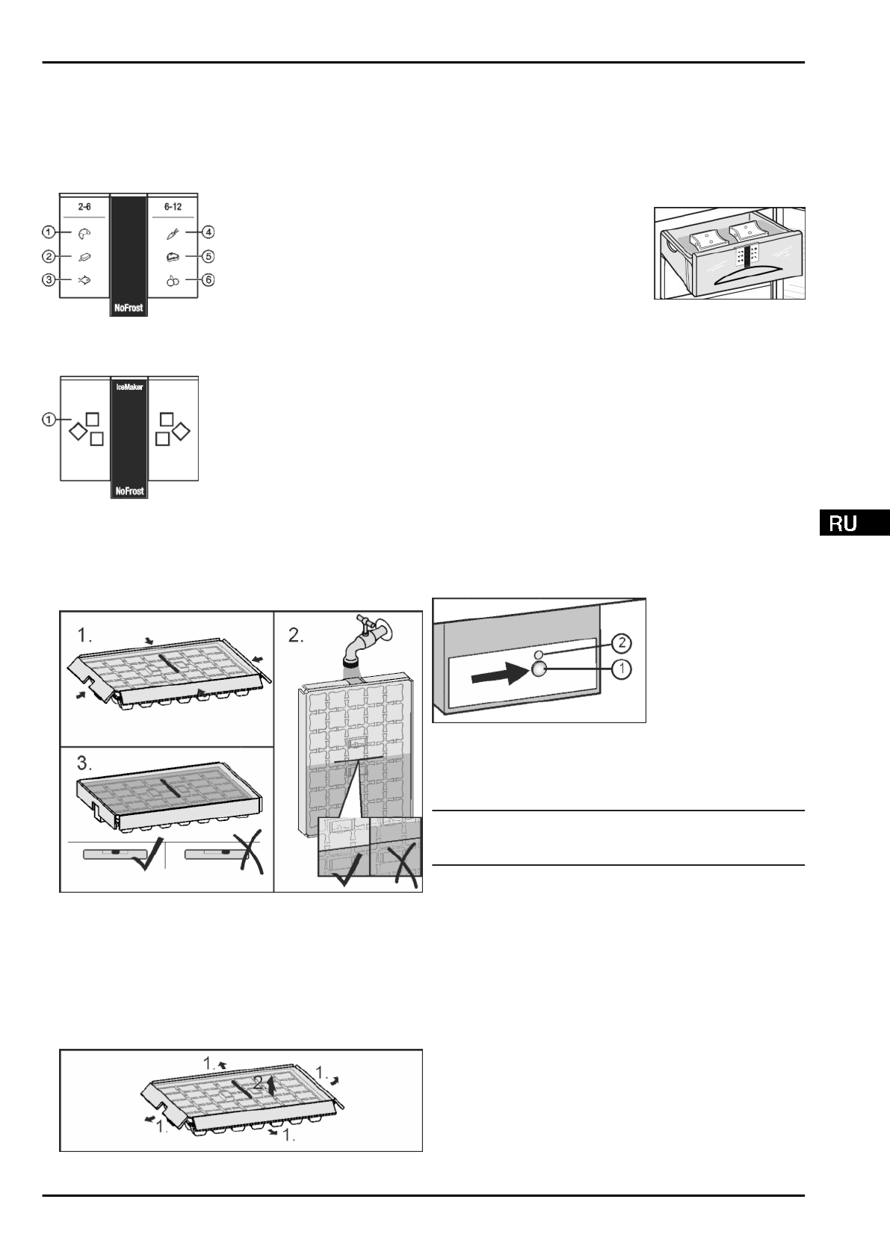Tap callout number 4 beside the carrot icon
(208, 233)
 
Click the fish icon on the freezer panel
(84, 281)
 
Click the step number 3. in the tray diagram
(85, 763)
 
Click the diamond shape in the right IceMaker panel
(182, 431)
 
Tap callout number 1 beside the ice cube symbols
(49, 420)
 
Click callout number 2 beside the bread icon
(49, 257)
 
